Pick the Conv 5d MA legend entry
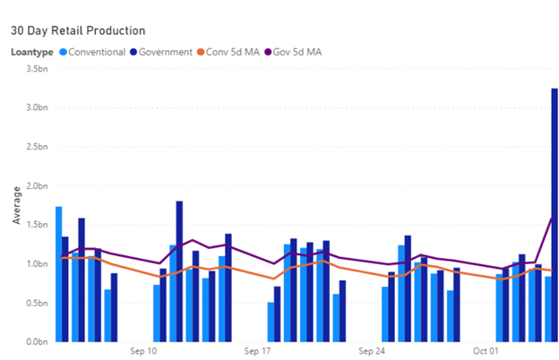(x=232, y=52)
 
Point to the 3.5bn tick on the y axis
(x=36, y=68)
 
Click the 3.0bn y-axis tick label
(x=36, y=107)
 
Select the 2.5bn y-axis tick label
(x=36, y=147)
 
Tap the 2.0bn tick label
(x=36, y=185)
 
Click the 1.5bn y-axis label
(x=36, y=225)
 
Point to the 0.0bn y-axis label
(x=36, y=342)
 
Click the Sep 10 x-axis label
(x=143, y=350)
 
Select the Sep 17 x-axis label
(x=258, y=350)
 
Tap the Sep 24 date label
(x=372, y=350)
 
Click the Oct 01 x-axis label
(x=486, y=350)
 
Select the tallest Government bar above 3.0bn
(x=555, y=215)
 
